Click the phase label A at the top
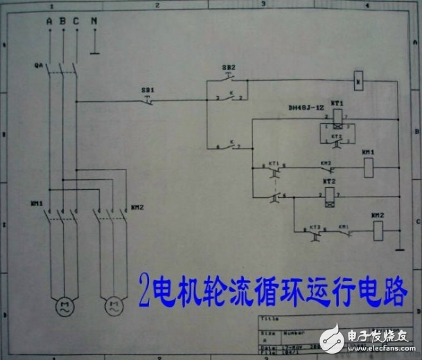tap(49, 21)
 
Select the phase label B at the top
tap(63, 21)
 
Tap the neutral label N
tap(94, 21)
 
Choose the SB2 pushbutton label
tap(229, 68)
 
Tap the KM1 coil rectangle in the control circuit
tap(369, 165)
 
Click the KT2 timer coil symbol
tap(328, 195)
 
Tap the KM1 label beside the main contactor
tap(36, 205)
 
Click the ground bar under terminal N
tap(94, 51)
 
